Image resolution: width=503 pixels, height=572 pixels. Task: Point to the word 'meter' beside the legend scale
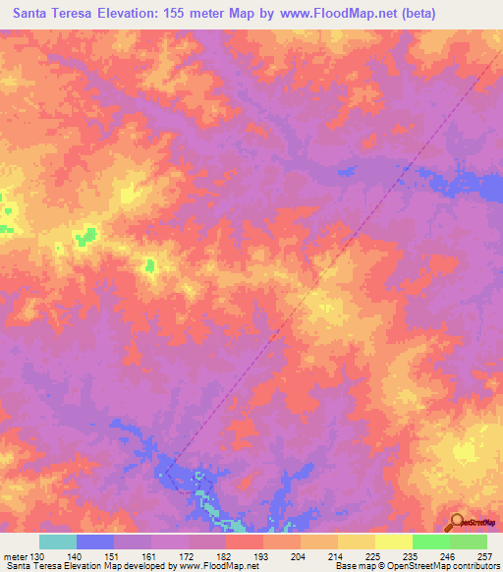tap(18, 555)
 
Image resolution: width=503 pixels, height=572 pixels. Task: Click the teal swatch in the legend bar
tap(58, 542)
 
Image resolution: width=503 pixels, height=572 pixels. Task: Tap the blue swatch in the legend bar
tap(95, 542)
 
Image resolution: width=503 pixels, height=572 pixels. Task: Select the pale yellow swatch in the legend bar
tap(394, 542)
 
